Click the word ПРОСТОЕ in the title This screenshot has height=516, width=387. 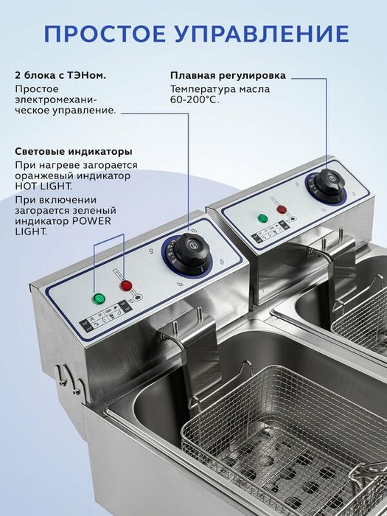coord(106,34)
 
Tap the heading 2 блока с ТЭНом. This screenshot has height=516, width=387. coord(60,75)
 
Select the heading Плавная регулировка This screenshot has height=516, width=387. coord(228,75)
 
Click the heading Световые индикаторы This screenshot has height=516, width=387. coord(74,151)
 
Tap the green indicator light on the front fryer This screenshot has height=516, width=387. coord(97,299)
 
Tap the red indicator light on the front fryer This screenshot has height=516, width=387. coord(126,285)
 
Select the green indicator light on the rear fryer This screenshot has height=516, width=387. coord(261,218)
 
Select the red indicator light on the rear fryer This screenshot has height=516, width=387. coord(282,209)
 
